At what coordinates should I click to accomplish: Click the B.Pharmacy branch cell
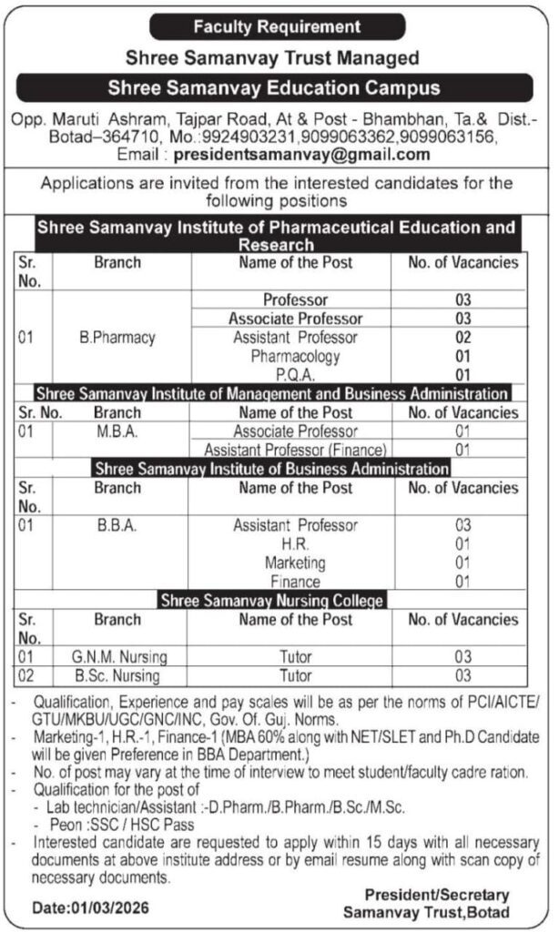click(x=117, y=338)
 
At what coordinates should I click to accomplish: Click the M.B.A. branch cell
click(x=117, y=431)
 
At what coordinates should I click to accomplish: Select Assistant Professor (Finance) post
click(x=295, y=450)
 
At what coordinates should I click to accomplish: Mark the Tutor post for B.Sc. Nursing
click(x=295, y=676)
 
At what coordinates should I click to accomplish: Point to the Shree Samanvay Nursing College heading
click(x=271, y=601)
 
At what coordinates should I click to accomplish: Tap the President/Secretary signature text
click(x=437, y=895)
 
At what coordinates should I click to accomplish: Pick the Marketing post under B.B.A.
click(x=295, y=562)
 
